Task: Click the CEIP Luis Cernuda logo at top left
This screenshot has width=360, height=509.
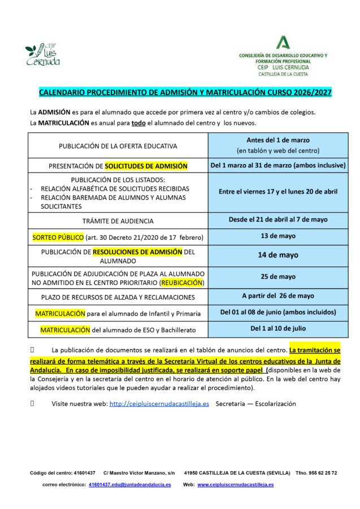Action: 42,54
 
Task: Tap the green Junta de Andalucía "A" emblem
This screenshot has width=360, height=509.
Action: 283,42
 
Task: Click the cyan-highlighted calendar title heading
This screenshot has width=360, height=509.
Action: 185,92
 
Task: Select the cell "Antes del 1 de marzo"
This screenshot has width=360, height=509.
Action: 277,145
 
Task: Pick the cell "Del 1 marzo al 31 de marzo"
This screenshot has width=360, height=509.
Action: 277,166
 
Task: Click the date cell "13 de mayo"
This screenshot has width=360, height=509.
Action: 277,236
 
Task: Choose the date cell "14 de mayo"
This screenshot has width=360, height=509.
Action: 277,255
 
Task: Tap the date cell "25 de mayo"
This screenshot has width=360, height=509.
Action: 277,277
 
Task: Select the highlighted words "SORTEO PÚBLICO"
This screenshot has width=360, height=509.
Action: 59,236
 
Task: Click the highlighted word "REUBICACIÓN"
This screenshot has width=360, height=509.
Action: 182,282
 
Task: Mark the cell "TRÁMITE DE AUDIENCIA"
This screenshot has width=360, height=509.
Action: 118,221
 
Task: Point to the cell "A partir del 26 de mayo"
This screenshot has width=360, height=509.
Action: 277,296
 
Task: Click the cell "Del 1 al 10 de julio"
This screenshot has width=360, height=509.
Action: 277,329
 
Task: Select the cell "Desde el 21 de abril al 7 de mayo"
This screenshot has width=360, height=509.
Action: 277,219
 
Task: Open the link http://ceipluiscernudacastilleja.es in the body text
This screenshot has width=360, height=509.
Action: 159,404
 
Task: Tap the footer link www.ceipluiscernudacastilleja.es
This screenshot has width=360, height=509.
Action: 235,485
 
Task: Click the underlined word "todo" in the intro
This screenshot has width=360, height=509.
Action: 138,123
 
